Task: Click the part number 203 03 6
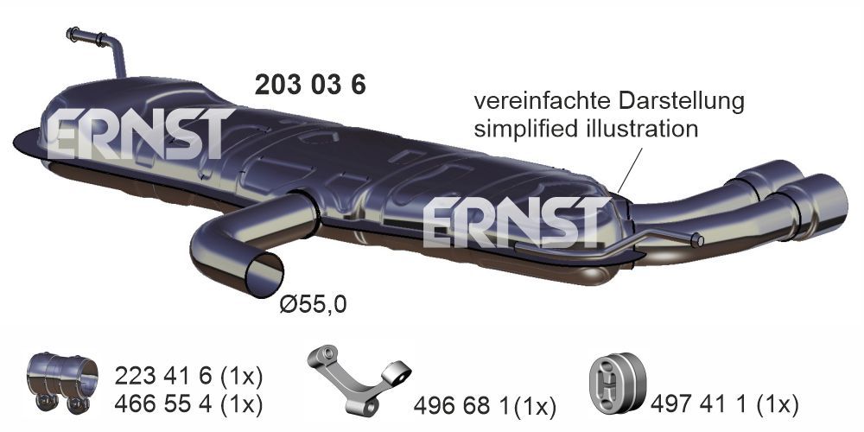click(x=309, y=85)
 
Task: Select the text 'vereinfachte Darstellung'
click(x=608, y=101)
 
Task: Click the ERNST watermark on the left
click(x=138, y=134)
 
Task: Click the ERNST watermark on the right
click(x=513, y=221)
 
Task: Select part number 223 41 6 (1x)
click(x=187, y=377)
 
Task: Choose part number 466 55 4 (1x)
click(x=187, y=403)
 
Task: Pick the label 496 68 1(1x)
click(x=485, y=405)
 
